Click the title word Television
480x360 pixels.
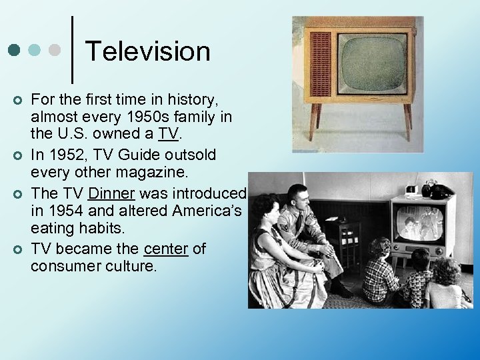coord(148,51)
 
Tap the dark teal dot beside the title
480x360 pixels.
coord(13,50)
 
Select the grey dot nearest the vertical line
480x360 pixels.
coord(55,50)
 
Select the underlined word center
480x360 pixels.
coord(165,249)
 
